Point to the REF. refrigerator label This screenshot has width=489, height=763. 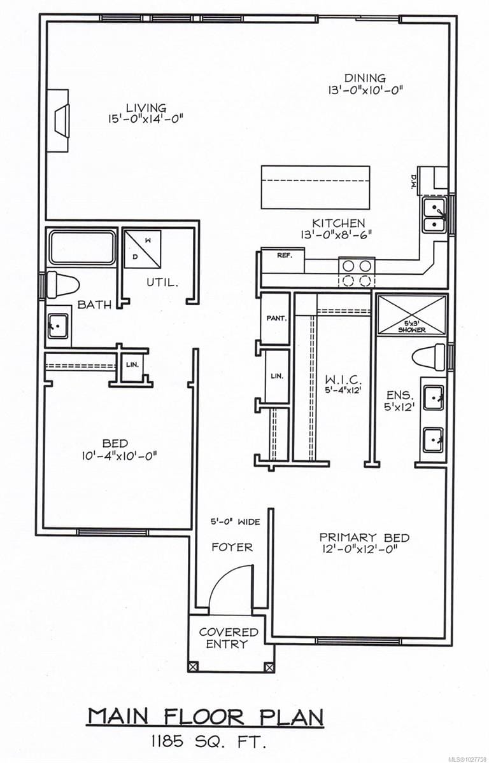point(283,255)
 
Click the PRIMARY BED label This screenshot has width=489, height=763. point(364,538)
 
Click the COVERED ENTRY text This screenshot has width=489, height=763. point(229,638)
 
